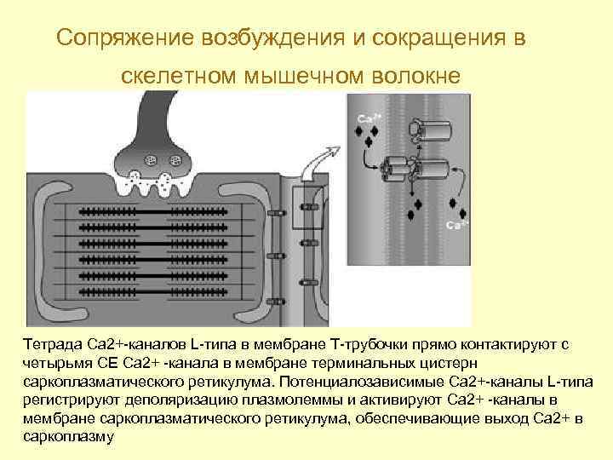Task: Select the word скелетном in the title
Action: [178, 76]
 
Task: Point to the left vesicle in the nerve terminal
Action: [151, 159]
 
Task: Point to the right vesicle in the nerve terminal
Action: [176, 159]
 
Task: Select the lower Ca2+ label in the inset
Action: [457, 225]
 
